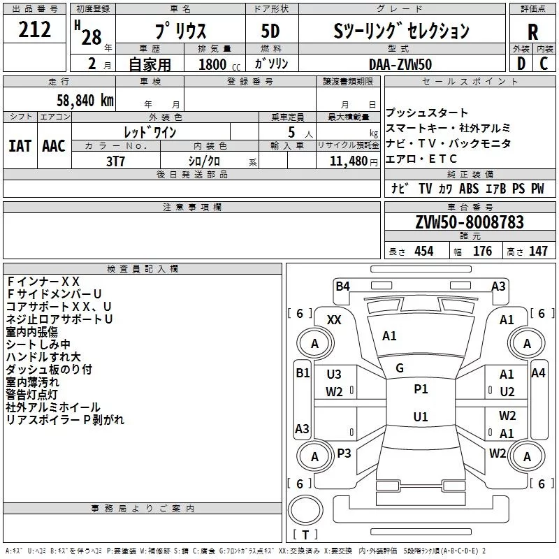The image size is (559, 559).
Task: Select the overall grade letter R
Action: (x=532, y=31)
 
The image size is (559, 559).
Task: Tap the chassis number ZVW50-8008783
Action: (x=469, y=222)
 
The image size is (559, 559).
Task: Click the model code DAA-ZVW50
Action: (x=401, y=64)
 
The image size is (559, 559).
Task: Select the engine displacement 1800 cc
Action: (x=215, y=64)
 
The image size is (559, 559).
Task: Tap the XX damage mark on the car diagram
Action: (x=334, y=320)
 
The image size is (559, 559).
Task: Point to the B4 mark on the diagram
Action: (x=342, y=286)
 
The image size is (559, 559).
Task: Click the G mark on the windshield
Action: (x=400, y=368)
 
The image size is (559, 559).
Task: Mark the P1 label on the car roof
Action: (x=421, y=389)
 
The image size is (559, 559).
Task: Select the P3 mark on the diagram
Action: (x=344, y=453)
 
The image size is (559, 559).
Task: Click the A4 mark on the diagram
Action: (x=538, y=373)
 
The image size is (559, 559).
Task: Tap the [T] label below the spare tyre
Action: (x=305, y=535)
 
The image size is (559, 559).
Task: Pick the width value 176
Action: (x=482, y=252)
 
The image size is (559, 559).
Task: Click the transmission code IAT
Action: (x=20, y=146)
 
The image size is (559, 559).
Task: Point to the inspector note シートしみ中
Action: (x=38, y=344)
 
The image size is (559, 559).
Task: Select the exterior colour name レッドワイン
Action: (x=150, y=131)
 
